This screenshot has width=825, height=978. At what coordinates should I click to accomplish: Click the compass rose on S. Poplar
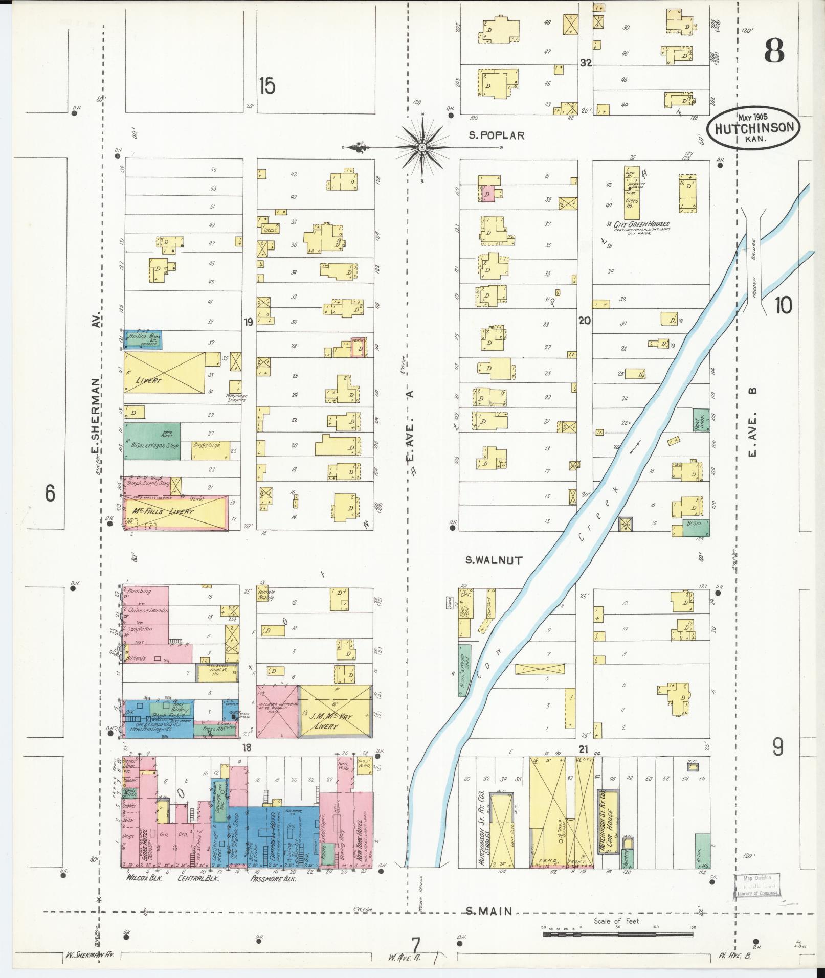point(422,147)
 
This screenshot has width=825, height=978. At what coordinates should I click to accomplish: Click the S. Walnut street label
point(494,560)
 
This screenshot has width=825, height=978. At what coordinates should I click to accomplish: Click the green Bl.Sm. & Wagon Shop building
point(151,441)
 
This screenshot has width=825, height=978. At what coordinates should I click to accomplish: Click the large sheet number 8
point(774,52)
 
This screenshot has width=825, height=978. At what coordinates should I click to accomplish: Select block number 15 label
point(266,86)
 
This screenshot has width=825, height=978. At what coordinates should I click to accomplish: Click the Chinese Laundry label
point(148,610)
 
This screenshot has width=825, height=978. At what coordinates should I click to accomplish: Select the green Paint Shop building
point(700,420)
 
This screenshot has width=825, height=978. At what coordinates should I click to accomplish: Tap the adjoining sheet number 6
point(50,493)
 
